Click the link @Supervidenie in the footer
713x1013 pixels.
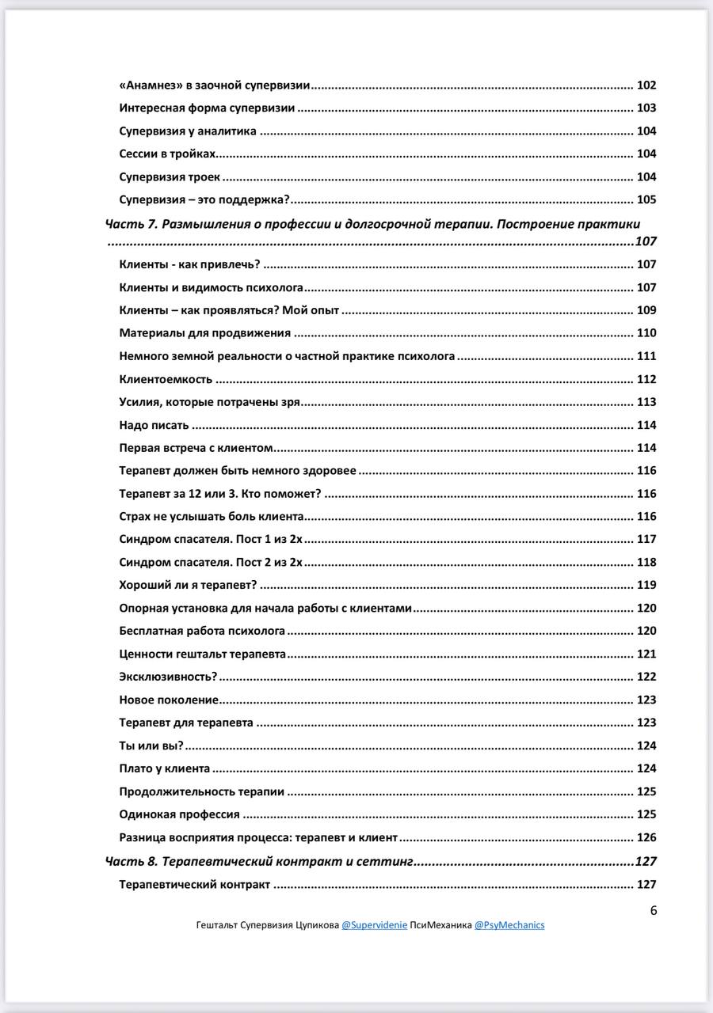pos(374,924)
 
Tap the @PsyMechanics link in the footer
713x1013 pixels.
pos(509,924)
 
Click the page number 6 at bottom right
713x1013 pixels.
pos(654,909)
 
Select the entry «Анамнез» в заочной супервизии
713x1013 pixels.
pos(214,85)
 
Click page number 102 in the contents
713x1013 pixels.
pos(646,85)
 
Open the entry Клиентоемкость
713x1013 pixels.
pos(166,379)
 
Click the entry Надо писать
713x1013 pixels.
pos(154,425)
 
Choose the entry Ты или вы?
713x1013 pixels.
pos(151,746)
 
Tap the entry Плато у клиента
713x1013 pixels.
pos(165,768)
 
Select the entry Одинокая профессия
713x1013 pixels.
pos(179,814)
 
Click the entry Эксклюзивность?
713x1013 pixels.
pos(168,677)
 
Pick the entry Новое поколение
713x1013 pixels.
pos(169,700)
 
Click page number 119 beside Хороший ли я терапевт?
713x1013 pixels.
pos(646,586)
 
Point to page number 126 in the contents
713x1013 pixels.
pos(646,837)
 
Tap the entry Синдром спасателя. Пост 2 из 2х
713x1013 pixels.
pos(211,563)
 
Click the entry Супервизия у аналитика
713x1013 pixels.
pos(188,131)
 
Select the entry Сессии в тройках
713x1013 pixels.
pos(167,154)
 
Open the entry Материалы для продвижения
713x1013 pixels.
pos(204,333)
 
